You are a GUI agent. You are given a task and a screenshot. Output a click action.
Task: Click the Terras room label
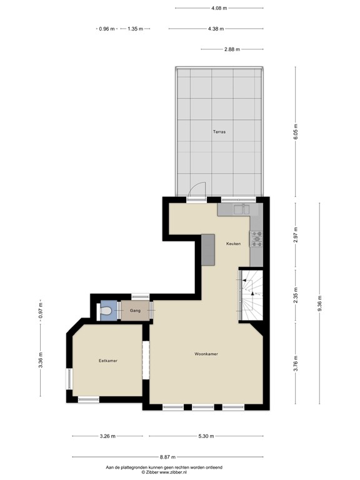click(x=219, y=132)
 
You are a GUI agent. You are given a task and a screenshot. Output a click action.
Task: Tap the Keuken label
click(x=234, y=244)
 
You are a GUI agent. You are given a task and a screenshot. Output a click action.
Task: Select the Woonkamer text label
click(x=206, y=354)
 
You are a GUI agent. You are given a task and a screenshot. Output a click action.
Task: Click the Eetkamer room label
click(x=108, y=361)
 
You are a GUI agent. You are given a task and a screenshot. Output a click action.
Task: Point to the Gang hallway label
click(x=135, y=311)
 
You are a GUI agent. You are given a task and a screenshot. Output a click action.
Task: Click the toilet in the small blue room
click(x=106, y=311)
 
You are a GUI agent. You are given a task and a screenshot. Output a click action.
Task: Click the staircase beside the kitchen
click(x=251, y=294)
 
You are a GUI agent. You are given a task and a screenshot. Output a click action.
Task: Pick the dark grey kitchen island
click(x=207, y=250)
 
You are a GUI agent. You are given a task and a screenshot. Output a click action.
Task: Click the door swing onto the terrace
click(x=197, y=189)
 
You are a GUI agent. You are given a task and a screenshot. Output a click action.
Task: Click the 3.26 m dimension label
click(x=107, y=436)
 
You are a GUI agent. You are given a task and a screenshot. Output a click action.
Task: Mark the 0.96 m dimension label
click(x=107, y=29)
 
